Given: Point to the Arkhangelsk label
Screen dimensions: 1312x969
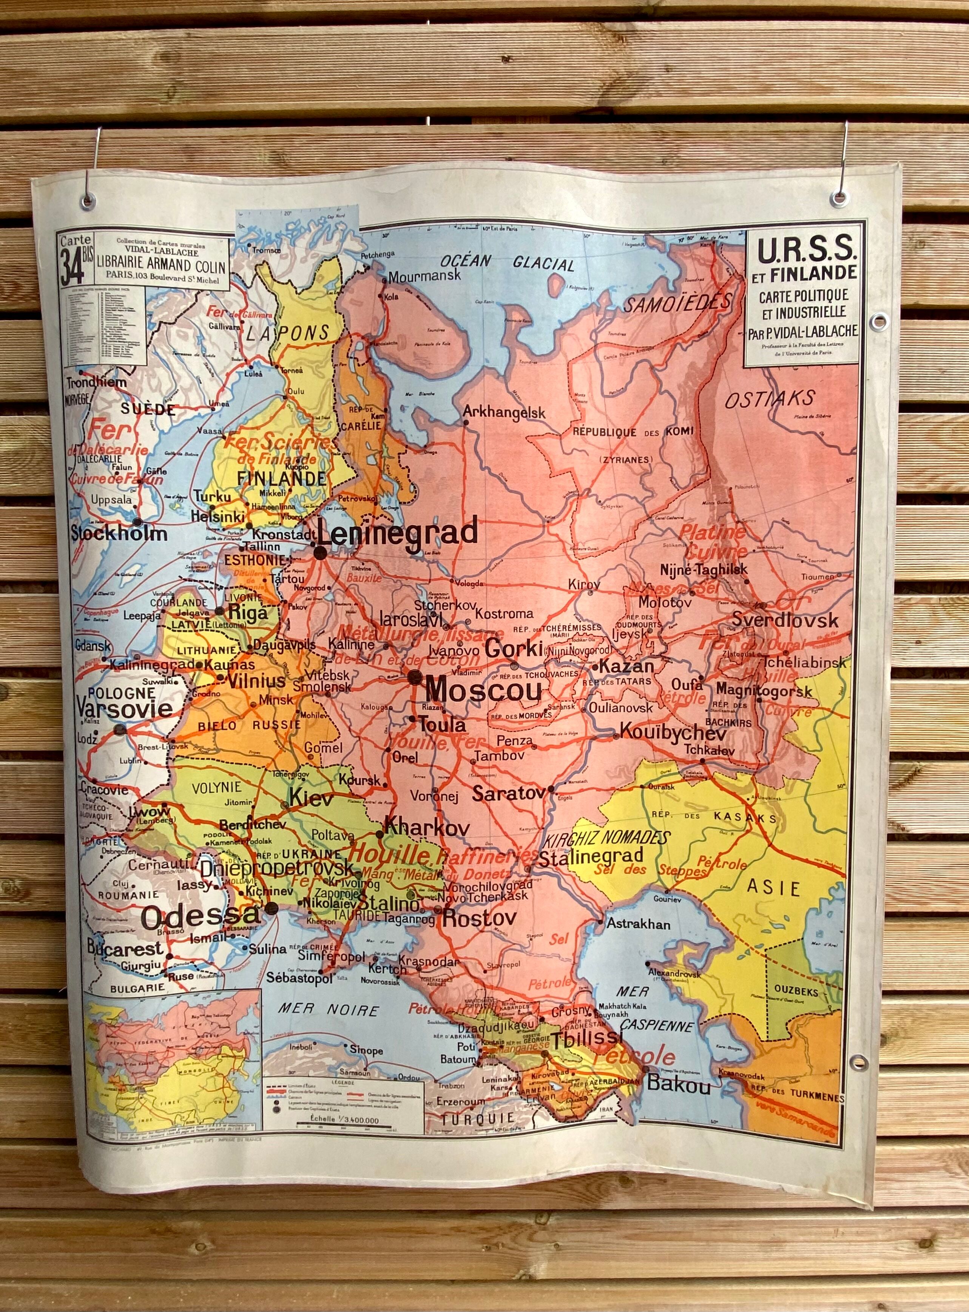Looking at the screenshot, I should (x=505, y=412).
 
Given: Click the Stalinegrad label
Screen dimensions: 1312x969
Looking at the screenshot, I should (x=591, y=857).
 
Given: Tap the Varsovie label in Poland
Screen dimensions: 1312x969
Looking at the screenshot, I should (x=124, y=709).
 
